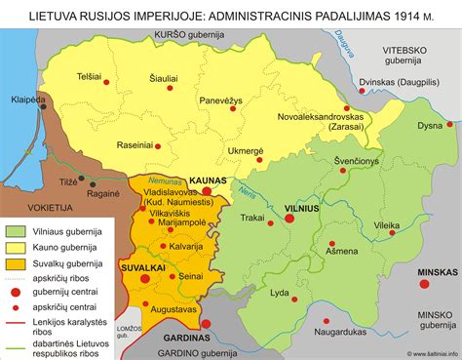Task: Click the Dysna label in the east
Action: click(x=429, y=126)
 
